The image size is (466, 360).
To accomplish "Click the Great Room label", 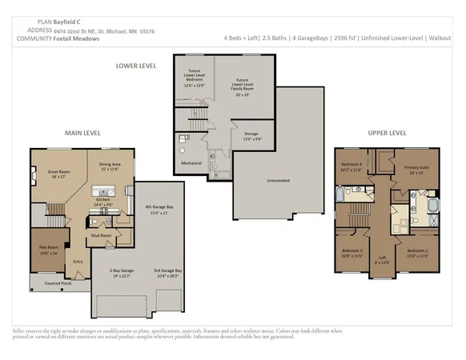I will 57,171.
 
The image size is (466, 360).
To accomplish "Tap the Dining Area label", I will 110,165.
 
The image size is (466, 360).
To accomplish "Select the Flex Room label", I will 50,248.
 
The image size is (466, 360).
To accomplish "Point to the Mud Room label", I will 102,235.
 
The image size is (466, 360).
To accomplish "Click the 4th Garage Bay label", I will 159,208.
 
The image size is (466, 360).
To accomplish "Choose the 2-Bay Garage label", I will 121,272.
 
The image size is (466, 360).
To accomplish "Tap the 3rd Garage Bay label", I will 168,272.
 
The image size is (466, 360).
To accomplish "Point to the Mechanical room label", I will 191,163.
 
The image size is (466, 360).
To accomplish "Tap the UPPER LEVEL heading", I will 388,133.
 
